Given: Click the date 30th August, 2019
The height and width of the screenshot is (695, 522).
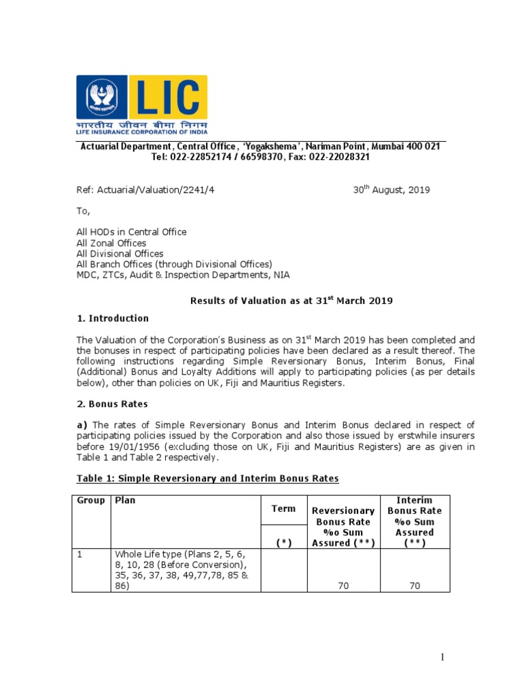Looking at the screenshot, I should pos(391,190).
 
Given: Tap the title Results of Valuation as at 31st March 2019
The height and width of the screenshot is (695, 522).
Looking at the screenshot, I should pos(291,301).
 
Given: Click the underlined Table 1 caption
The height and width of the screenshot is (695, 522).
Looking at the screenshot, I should pos(207,478).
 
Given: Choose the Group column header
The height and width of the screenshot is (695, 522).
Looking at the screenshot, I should pos(90,501).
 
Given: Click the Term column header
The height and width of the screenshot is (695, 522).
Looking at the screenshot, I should pos(283,508).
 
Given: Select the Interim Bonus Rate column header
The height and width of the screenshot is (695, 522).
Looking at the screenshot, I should pos(414,516).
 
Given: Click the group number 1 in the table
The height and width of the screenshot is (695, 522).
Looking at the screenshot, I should pos(80,555).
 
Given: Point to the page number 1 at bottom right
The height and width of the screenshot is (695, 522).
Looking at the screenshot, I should pos(441,657).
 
